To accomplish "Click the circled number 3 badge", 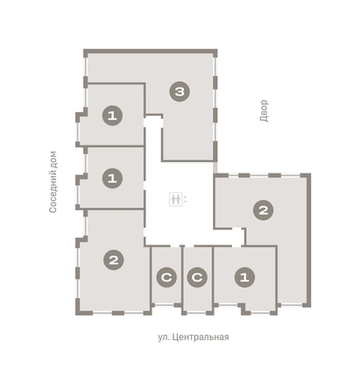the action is [180, 92].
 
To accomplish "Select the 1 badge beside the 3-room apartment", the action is [112, 116].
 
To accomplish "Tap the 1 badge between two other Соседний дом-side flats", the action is [112, 178].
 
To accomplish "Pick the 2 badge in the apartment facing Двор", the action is [264, 210].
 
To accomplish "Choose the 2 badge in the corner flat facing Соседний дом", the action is [114, 259].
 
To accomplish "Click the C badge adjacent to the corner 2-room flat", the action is [166, 277].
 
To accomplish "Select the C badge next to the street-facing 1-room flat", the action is [197, 277].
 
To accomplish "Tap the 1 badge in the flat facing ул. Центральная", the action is [244, 277].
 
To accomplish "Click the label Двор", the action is [264, 110].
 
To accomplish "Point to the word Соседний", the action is [53, 193].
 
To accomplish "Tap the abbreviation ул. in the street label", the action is [163, 338].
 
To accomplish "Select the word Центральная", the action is [201, 338].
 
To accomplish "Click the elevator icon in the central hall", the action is [176, 199].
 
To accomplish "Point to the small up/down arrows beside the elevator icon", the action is [185, 199].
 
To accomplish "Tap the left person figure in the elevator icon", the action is [173, 199].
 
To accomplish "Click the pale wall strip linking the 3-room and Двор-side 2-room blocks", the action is [215, 167].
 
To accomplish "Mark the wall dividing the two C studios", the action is [182, 279].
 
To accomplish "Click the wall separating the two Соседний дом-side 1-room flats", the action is [112, 146].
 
